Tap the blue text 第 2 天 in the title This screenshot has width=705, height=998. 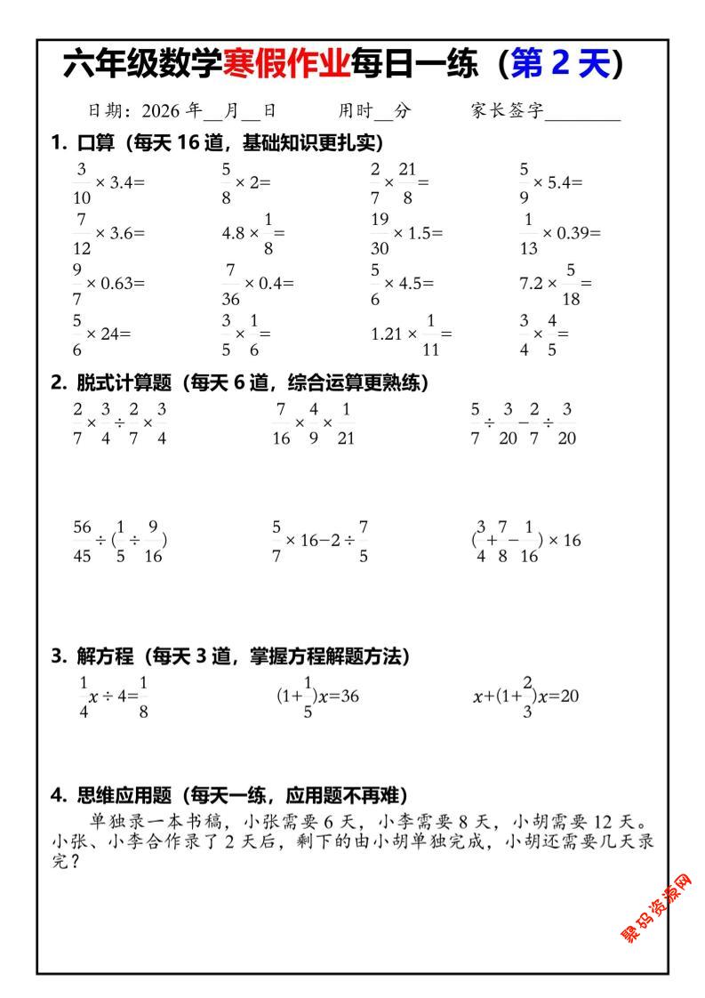[x=559, y=65]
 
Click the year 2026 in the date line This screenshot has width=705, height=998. [x=161, y=111]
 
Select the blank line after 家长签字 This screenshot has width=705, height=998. [x=583, y=113]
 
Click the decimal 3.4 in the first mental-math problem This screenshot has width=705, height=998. [x=121, y=182]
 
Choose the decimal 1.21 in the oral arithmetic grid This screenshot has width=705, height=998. [x=388, y=334]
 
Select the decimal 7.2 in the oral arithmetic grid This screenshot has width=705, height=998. [x=533, y=284]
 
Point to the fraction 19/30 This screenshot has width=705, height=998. [x=381, y=233]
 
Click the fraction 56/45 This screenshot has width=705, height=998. [x=82, y=540]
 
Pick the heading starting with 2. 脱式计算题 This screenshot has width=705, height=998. [x=239, y=383]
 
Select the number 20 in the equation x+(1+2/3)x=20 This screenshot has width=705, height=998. [x=568, y=696]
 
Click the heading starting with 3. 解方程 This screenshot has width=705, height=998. [x=230, y=656]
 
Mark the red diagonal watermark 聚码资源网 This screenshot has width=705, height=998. [x=657, y=908]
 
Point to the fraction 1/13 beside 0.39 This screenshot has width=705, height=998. [x=528, y=233]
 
